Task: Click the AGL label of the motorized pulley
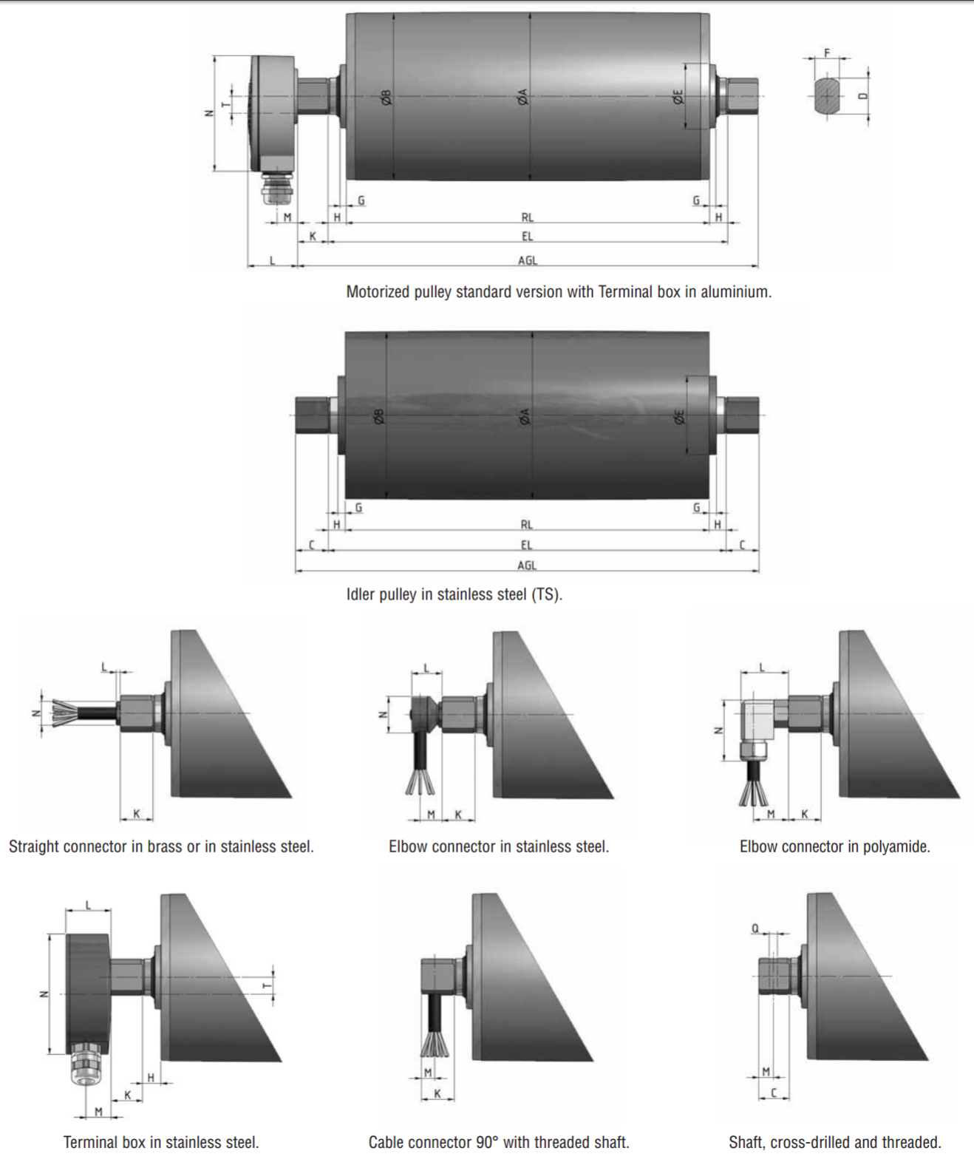pos(527,260)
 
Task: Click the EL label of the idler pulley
pos(526,545)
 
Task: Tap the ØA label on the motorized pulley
pos(522,97)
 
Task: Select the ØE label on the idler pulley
pos(679,417)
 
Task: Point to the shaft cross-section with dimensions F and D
pos(828,96)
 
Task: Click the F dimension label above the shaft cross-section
pos(827,52)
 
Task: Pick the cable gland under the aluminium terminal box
pos(277,188)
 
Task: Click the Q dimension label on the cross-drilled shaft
pos(755,928)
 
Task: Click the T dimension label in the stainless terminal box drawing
pos(267,986)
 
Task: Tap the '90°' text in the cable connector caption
pos(487,1142)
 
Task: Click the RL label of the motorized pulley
pos(527,217)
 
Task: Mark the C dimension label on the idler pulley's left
pos(311,545)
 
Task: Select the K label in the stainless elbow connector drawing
pos(458,815)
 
